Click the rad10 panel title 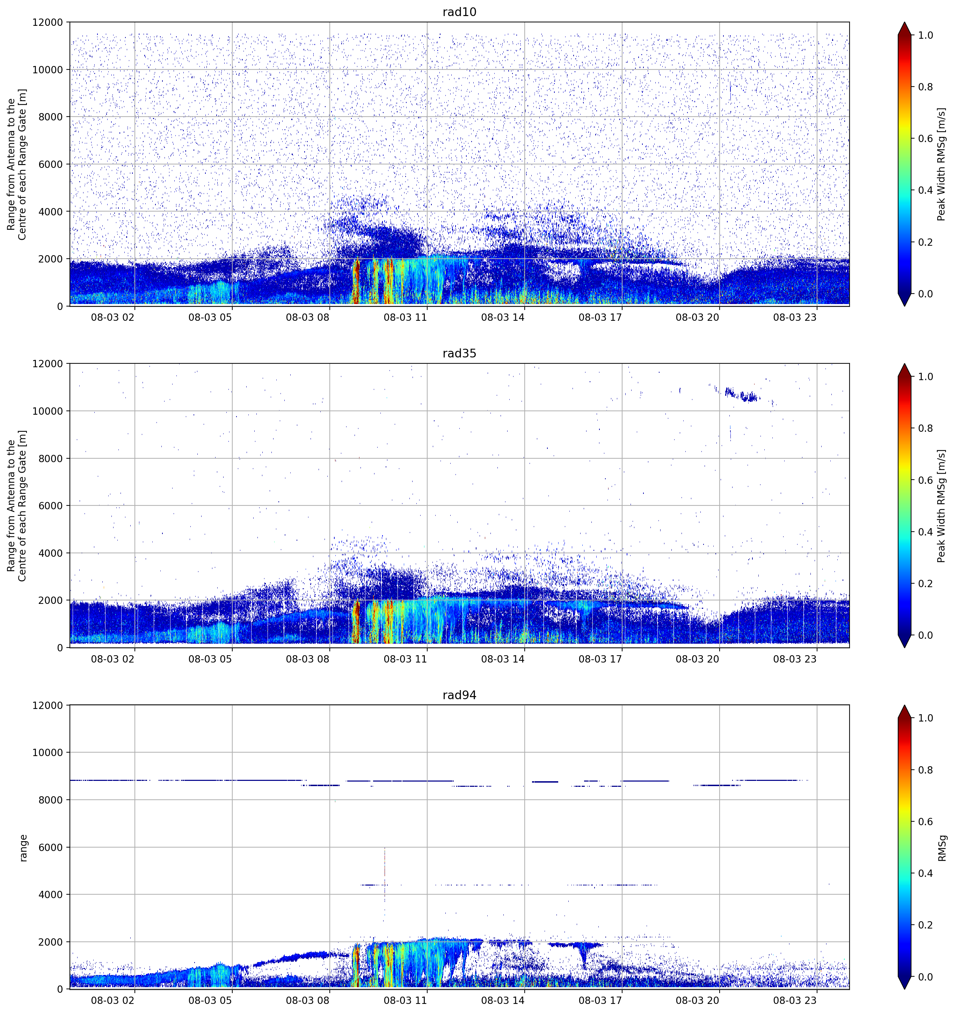(459, 12)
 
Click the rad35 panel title (459, 353)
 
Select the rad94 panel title (459, 695)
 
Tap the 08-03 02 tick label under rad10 (112, 317)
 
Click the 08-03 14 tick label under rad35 (502, 659)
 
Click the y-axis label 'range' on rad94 (23, 848)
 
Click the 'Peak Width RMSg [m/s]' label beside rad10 (941, 164)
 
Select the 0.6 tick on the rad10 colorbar (925, 139)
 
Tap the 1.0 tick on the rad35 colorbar (925, 377)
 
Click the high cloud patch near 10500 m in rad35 (742, 395)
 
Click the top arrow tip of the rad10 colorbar (904, 22)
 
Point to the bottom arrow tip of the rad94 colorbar (904, 989)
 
